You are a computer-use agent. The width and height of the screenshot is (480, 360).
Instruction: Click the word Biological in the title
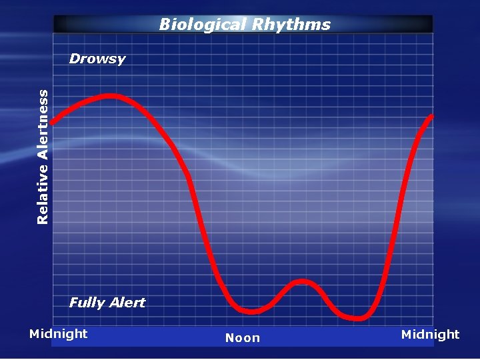point(203,25)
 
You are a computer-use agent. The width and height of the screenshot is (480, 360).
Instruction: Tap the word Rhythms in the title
point(291,25)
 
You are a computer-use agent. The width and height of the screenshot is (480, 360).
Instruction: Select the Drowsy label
point(97,59)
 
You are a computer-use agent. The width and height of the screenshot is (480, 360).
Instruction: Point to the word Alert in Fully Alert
point(127,303)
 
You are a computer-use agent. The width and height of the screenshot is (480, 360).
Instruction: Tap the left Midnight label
point(59,333)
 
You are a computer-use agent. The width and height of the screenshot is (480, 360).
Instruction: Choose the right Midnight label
point(430,334)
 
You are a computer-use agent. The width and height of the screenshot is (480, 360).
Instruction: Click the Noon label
point(243,338)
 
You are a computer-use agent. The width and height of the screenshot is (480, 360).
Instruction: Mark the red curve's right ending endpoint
point(431,117)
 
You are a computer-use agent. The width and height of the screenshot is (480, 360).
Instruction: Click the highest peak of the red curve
point(110,96)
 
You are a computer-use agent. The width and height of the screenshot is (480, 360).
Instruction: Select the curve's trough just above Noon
point(251,311)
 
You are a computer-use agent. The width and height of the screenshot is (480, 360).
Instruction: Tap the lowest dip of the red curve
point(357,318)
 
